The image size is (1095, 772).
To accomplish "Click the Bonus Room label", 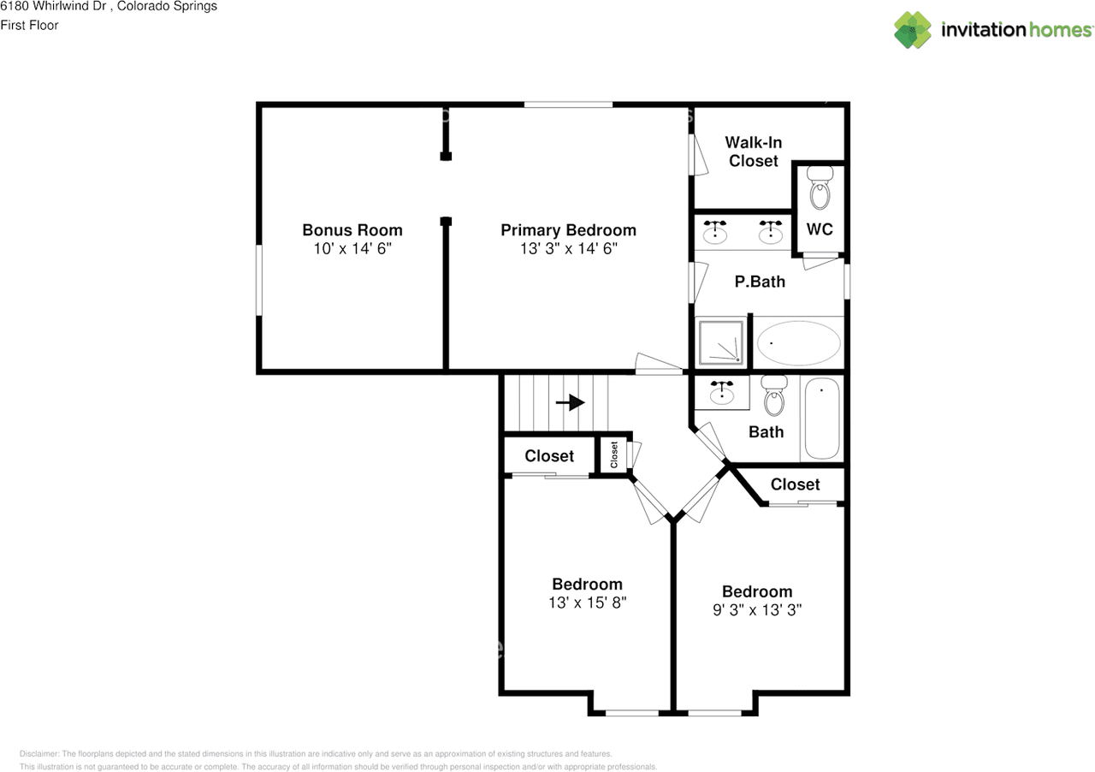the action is [x=352, y=230].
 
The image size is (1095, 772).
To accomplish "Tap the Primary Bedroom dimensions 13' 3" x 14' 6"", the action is [x=569, y=248].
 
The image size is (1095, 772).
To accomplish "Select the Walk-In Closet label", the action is [x=754, y=151].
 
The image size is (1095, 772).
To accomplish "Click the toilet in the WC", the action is [x=820, y=187].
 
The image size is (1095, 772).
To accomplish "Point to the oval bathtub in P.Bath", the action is [x=799, y=343].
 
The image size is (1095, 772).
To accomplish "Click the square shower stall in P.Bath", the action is [x=721, y=342].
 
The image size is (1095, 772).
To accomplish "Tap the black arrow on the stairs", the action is [x=571, y=402].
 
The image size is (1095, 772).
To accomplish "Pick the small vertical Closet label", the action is [x=614, y=454].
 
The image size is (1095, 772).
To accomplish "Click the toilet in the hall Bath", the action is [x=774, y=395].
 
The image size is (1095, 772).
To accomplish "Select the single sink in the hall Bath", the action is [x=722, y=392].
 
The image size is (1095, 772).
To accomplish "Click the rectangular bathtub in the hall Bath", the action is [x=822, y=419].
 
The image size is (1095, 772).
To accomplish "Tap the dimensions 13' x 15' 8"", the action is [x=587, y=603].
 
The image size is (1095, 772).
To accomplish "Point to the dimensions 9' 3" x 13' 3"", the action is [x=757, y=609].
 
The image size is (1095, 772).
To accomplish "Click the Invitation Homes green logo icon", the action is [x=912, y=30].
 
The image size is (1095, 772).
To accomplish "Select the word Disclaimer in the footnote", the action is [x=39, y=754].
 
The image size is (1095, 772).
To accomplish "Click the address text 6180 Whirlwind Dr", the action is [x=53, y=6].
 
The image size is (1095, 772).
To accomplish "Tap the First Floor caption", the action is [x=29, y=25].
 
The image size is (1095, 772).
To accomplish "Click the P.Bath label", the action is [x=760, y=282].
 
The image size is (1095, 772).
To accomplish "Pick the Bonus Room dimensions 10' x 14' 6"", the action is [x=352, y=248].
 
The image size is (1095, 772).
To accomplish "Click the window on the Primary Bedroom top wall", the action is [x=568, y=104].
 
